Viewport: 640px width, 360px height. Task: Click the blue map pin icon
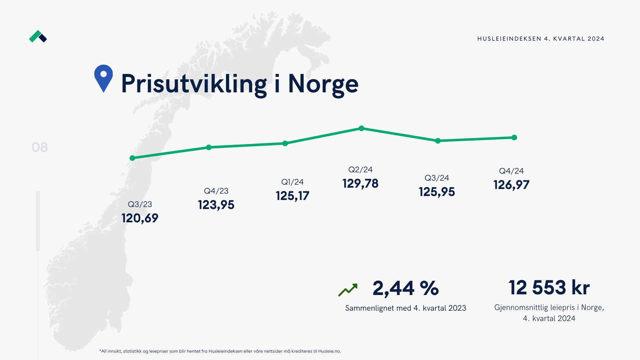(x=103, y=77)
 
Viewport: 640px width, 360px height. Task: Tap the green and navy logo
(x=38, y=36)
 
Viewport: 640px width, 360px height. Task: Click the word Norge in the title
(x=323, y=84)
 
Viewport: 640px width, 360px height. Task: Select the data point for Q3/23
(x=132, y=158)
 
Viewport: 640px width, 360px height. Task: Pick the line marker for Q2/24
(x=361, y=128)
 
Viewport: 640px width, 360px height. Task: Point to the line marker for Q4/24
(x=514, y=138)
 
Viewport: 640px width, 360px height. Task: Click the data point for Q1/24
(x=285, y=143)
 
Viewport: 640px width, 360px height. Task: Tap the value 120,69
(x=140, y=218)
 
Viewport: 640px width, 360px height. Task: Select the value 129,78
(x=360, y=184)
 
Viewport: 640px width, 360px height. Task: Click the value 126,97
(x=511, y=185)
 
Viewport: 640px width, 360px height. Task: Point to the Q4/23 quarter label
(x=216, y=191)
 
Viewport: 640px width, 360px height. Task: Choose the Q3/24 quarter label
(x=437, y=178)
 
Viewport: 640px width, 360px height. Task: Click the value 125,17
(x=292, y=196)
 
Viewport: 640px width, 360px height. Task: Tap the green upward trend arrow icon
(x=348, y=290)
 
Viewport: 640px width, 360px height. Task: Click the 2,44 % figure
(x=405, y=288)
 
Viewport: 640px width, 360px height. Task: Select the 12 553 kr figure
(x=549, y=288)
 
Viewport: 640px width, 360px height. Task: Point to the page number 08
(x=40, y=147)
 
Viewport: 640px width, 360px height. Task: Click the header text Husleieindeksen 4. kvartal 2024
(x=541, y=39)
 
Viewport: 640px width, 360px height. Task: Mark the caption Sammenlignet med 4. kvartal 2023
(x=405, y=308)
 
